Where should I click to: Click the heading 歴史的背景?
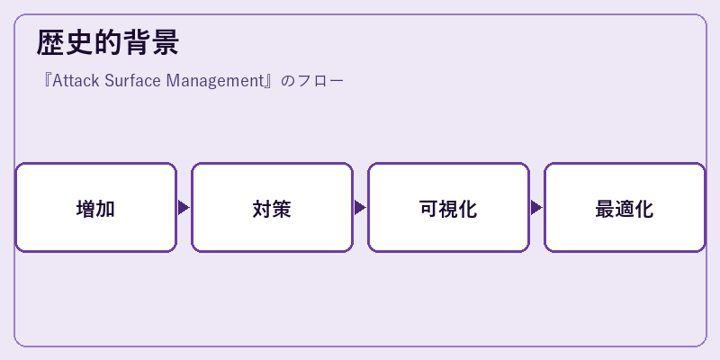(107, 42)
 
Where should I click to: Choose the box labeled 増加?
(96, 207)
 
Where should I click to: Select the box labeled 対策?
(273, 207)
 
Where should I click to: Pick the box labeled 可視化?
(448, 207)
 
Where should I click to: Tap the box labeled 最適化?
(625, 207)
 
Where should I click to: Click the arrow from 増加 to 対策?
(184, 208)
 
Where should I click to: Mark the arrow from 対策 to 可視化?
(360, 208)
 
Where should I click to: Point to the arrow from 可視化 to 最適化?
(536, 208)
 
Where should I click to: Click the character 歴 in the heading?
(50, 42)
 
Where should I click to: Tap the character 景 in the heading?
(165, 42)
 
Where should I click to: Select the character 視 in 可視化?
(448, 209)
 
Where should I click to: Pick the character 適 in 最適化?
(625, 209)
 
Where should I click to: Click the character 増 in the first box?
(85, 209)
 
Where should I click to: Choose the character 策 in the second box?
(282, 209)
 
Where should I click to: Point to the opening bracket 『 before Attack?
(47, 80)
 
